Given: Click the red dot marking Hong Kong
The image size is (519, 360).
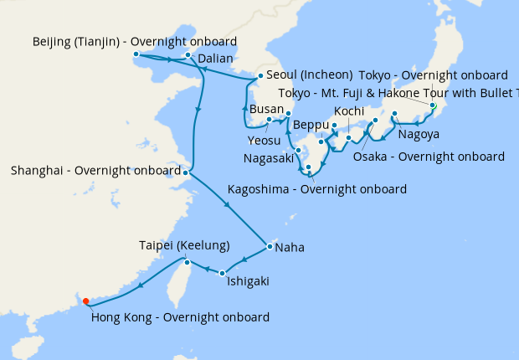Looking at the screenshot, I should point(86,302).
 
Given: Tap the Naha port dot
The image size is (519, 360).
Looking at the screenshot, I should point(269,247).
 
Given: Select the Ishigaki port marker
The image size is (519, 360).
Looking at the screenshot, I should point(223,273).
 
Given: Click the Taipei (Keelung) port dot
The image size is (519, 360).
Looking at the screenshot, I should point(188,263).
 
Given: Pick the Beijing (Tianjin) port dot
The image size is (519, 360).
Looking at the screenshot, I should point(135,56).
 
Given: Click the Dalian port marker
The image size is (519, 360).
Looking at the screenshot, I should point(188,56).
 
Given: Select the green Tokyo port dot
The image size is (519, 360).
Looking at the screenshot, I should point(433,105).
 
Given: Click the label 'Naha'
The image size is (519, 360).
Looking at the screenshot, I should point(290,248).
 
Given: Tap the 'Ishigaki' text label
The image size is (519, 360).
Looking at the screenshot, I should point(248,282).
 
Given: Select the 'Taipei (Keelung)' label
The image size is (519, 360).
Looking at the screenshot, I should point(184,245).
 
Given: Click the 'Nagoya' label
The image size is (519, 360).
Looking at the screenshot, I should point(419,135).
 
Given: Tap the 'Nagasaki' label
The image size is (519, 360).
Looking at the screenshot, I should point(269,157).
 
